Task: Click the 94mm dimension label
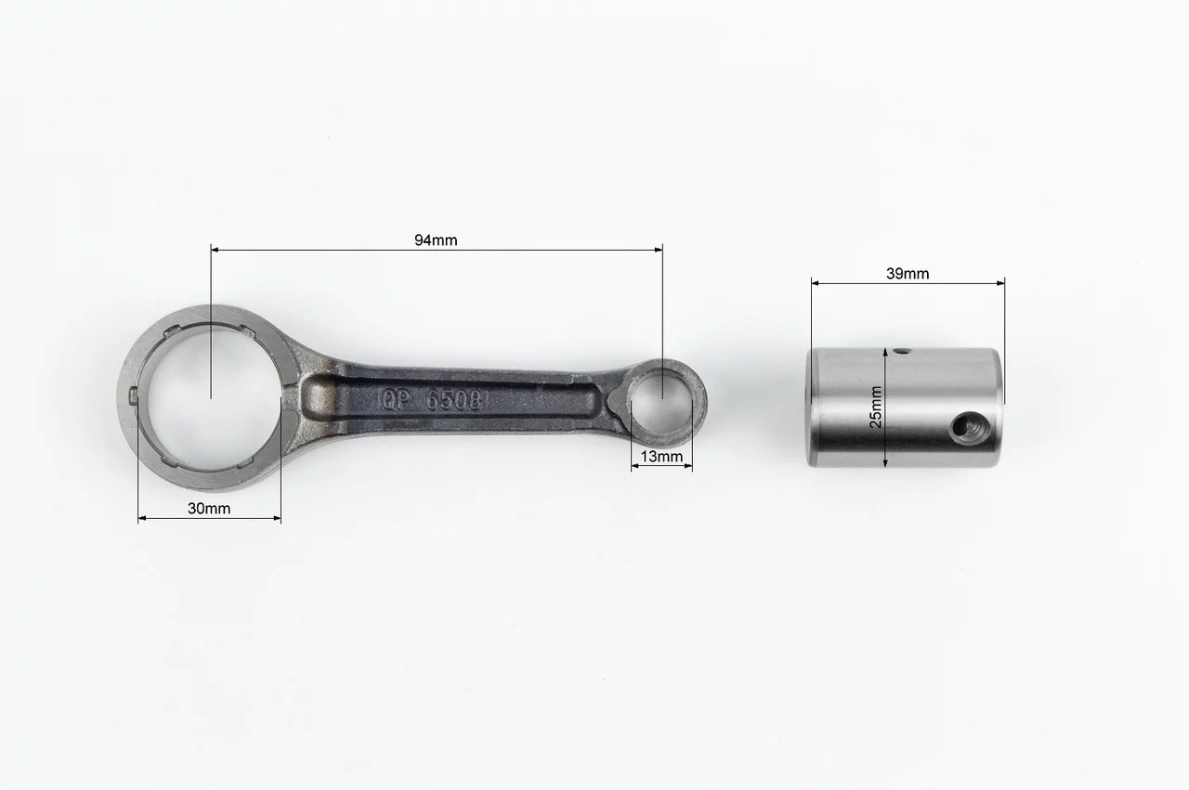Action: (436, 240)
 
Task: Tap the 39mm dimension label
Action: (908, 274)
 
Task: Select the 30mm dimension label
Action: (209, 509)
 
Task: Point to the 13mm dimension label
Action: (661, 457)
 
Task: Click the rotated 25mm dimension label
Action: (876, 407)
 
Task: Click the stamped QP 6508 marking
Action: (432, 400)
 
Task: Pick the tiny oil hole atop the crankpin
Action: (901, 351)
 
